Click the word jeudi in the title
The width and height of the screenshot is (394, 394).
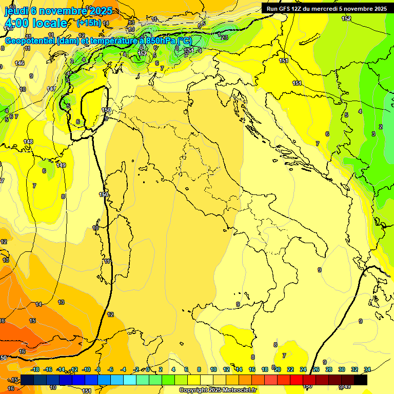tap(15, 11)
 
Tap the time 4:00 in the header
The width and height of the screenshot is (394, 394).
tap(16, 23)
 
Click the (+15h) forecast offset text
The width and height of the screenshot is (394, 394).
tap(88, 23)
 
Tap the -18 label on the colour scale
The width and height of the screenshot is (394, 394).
tap(35, 369)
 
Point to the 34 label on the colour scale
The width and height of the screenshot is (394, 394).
tap(367, 369)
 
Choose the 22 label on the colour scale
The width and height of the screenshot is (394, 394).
tap(290, 369)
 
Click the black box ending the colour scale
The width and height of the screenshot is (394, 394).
tap(360, 380)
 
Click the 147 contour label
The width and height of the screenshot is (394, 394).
tap(51, 89)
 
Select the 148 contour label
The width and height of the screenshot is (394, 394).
tap(28, 142)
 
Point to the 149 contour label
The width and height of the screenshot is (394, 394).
tap(61, 165)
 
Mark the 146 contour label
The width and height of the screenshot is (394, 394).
tap(19, 63)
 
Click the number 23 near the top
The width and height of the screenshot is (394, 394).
tap(224, 37)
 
